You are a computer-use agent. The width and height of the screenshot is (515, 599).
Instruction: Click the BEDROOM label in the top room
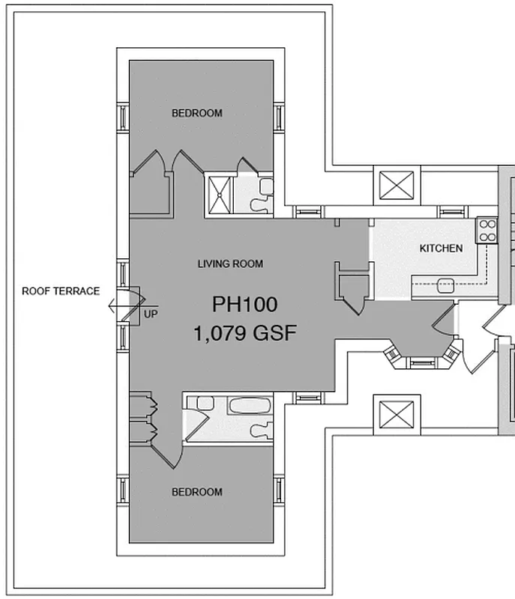[x=197, y=113]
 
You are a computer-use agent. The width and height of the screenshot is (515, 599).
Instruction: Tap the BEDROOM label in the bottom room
[x=197, y=492]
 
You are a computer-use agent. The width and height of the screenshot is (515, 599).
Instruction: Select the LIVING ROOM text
[x=230, y=264]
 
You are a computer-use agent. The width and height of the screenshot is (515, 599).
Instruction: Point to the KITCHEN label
[x=440, y=248]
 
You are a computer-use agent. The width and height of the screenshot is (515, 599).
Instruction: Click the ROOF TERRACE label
[x=60, y=291]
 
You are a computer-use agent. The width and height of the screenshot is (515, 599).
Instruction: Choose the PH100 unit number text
[x=244, y=305]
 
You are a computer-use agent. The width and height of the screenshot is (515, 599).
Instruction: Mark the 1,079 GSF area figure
[x=244, y=332]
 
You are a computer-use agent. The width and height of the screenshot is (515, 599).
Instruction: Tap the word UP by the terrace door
[x=150, y=314]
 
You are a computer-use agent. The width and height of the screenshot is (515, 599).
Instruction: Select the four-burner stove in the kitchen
[x=487, y=231]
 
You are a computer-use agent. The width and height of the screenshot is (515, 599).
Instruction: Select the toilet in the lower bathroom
[x=262, y=431]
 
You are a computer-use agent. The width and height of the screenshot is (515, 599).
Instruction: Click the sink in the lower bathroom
[x=204, y=404]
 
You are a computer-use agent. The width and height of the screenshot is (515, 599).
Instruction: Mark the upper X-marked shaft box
[x=397, y=183]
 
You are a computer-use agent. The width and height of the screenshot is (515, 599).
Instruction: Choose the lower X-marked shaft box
[x=397, y=414]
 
